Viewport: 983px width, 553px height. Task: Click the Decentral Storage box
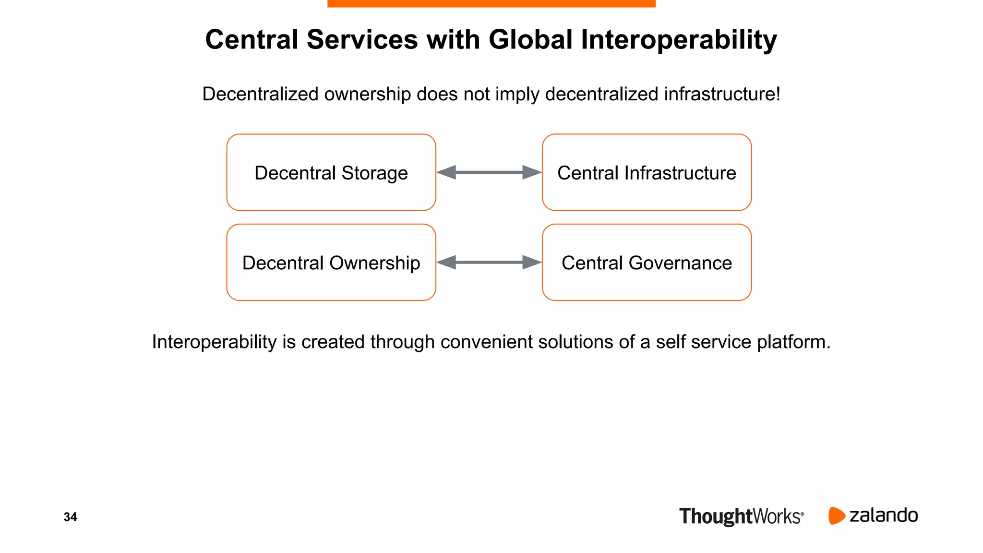(x=331, y=172)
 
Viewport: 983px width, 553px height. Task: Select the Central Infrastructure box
(x=647, y=172)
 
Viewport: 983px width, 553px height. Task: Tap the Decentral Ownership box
(x=331, y=263)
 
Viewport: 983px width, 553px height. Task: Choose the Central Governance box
(x=647, y=263)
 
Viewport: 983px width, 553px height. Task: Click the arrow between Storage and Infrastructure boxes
(x=489, y=172)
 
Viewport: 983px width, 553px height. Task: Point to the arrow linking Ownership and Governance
(x=489, y=263)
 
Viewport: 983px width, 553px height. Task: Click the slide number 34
(x=70, y=517)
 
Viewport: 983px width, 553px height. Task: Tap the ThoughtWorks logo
(x=741, y=517)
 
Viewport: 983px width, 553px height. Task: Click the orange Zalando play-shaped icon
(x=836, y=516)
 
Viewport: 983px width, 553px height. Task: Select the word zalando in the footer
(x=884, y=516)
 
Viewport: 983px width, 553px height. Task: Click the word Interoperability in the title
(x=679, y=40)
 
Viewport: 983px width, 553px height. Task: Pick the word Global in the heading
(x=530, y=40)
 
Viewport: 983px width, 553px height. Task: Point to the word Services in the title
(x=362, y=40)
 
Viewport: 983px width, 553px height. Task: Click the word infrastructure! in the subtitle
(x=722, y=94)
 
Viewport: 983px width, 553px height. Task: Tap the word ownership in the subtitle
(x=368, y=94)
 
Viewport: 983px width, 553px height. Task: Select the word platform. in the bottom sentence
(x=793, y=342)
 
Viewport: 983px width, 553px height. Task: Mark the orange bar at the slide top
(x=491, y=3)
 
